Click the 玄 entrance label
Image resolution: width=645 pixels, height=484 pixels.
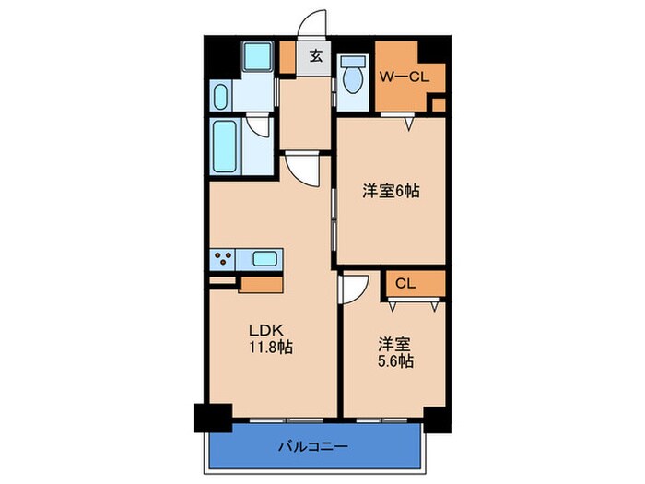[315, 56]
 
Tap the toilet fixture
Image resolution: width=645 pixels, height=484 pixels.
[352, 77]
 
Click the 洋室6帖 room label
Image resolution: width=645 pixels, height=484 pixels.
[391, 191]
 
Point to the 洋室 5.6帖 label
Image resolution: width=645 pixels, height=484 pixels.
[394, 352]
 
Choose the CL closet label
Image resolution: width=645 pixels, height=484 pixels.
[405, 284]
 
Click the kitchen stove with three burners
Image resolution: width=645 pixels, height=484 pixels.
[224, 259]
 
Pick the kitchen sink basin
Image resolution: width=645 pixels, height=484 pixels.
[265, 259]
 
